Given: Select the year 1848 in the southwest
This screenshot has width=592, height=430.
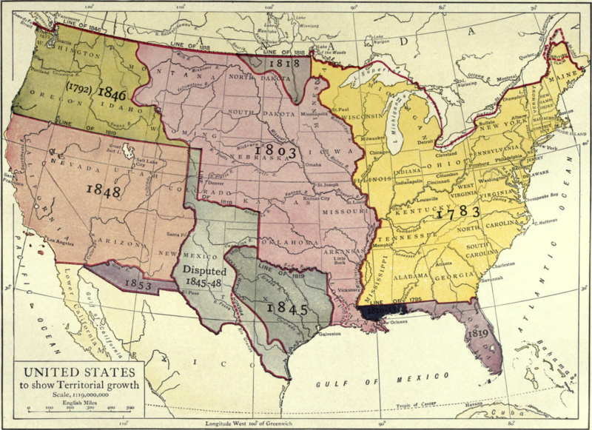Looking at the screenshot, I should [x=104, y=189].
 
